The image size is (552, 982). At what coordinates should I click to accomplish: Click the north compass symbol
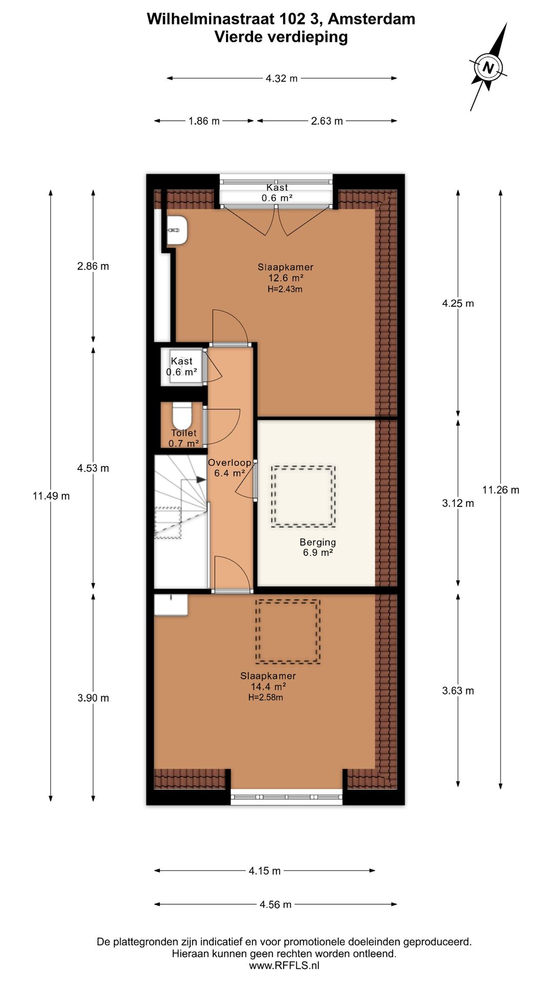tap(488, 67)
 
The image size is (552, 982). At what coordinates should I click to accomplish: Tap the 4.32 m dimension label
tap(282, 78)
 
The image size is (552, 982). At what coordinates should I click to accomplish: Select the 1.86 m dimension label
tap(204, 121)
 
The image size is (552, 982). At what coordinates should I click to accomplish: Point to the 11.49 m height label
tap(51, 496)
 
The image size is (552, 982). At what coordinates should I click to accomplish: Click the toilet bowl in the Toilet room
tap(181, 416)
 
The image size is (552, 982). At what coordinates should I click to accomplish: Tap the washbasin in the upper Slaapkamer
tap(177, 231)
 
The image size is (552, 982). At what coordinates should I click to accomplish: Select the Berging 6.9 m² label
tap(318, 547)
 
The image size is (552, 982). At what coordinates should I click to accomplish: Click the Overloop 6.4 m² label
tap(229, 468)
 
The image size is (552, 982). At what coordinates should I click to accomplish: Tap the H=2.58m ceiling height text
tap(266, 698)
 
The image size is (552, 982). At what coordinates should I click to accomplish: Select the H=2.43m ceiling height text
tap(285, 289)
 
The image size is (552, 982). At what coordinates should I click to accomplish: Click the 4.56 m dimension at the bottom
tap(275, 904)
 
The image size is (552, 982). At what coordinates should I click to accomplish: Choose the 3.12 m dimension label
tap(458, 503)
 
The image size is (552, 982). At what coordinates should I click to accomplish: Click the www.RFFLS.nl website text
tap(284, 966)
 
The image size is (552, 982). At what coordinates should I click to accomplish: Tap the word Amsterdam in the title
tap(372, 19)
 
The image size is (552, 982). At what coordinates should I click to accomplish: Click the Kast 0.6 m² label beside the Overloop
tap(181, 367)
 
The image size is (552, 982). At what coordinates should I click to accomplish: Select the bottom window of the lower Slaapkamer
tap(286, 797)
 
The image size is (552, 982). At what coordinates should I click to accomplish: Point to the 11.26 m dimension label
tap(501, 490)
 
